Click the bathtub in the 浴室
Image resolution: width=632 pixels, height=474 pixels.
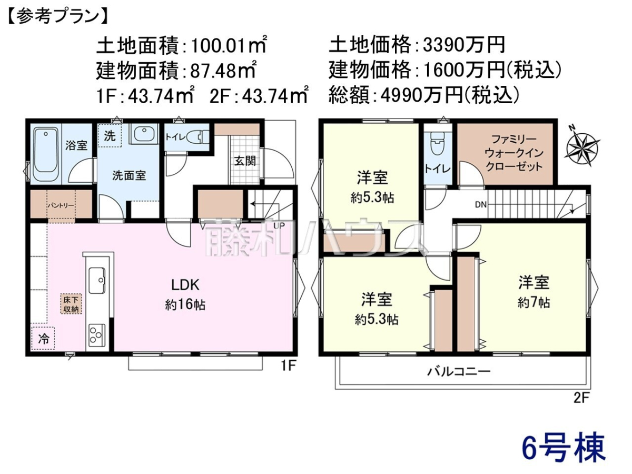click(x=46, y=154)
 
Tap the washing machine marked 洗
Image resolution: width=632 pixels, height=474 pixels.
click(x=110, y=135)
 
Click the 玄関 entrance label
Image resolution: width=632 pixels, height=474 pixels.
click(x=245, y=161)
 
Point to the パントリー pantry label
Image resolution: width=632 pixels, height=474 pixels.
click(x=61, y=205)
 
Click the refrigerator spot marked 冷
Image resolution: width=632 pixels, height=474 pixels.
click(x=43, y=339)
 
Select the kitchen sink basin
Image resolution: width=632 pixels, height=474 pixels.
click(x=97, y=280)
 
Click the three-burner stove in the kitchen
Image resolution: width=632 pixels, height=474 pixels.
click(x=97, y=335)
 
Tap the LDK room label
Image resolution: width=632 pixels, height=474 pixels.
click(x=185, y=285)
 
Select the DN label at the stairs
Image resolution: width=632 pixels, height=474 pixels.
click(x=480, y=205)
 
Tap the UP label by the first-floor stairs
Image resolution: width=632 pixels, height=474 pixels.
click(x=279, y=225)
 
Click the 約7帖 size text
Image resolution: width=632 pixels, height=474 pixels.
click(x=534, y=303)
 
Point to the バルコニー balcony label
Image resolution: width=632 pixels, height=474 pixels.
click(x=459, y=372)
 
